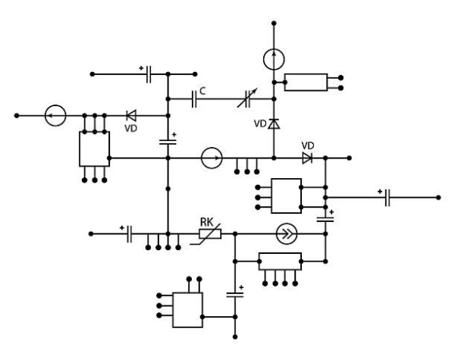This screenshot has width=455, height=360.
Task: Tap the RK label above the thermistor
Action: pyautogui.click(x=206, y=222)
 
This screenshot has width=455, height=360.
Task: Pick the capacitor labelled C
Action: pyautogui.click(x=195, y=98)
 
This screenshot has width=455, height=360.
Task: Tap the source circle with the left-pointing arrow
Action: pyautogui.click(x=55, y=116)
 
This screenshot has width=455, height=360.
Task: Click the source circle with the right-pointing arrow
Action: pyautogui.click(x=212, y=158)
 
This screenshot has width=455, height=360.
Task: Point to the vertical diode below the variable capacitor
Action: pyautogui.click(x=275, y=124)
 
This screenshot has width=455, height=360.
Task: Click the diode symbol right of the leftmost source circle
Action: pyautogui.click(x=130, y=116)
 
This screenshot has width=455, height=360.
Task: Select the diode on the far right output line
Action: pyautogui.click(x=307, y=158)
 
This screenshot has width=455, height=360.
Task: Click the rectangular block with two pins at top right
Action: pyautogui.click(x=306, y=82)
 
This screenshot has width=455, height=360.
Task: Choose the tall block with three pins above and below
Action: pyautogui.click(x=94, y=148)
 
